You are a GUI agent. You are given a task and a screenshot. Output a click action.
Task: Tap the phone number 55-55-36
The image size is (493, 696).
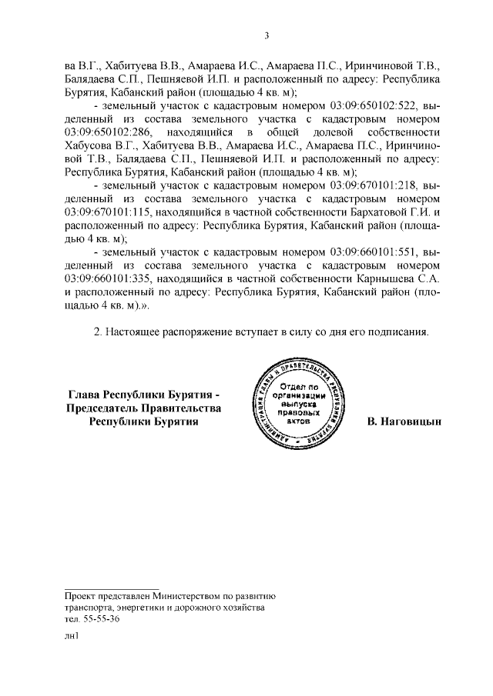pos(102,619)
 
